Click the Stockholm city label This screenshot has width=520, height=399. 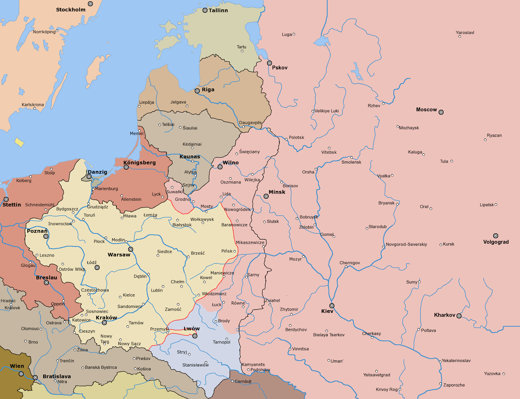click(71, 10)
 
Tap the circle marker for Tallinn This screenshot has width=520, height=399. click(205, 10)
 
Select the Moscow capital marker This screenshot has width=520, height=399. click(441, 112)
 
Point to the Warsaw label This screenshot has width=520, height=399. click(119, 255)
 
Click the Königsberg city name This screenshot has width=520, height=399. click(139, 163)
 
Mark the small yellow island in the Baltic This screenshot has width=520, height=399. click(19, 142)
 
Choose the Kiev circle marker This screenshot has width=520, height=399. click(332, 306)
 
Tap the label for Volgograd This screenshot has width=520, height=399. click(496, 242)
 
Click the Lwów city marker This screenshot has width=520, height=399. click(195, 336)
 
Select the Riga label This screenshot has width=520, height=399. click(208, 90)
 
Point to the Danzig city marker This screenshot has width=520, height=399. click(89, 177)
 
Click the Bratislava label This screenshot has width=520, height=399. click(57, 376)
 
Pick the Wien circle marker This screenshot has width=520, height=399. click(21, 374)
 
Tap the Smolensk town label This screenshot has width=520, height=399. click(351, 162)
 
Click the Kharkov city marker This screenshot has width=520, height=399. click(459, 316)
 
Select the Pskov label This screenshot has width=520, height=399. click(279, 68)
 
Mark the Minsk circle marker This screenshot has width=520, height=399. click(266, 196)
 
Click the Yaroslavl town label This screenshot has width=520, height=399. click(465, 33)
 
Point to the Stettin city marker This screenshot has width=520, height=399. click(6, 199)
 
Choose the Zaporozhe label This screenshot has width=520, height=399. click(454, 385)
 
